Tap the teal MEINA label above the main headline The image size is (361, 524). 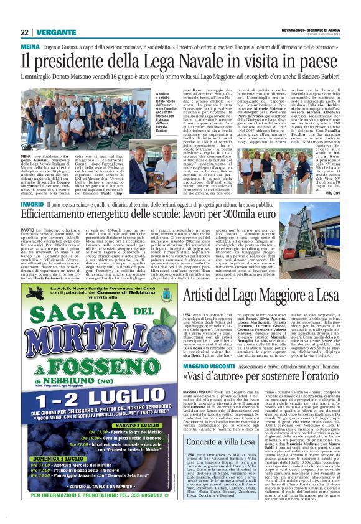click(x=30, y=46)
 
